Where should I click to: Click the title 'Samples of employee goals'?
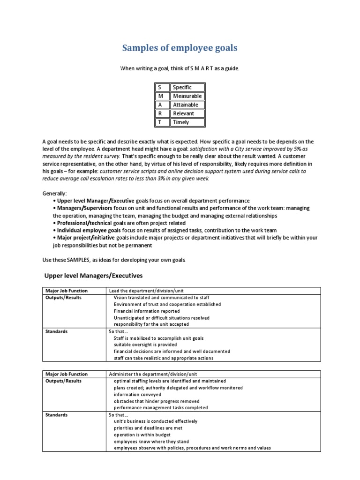pyautogui.click(x=180, y=48)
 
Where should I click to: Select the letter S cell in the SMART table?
pyautogui.click(x=159, y=87)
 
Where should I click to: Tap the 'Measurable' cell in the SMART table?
pyautogui.click(x=187, y=96)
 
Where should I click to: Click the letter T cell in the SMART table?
pyautogui.click(x=159, y=122)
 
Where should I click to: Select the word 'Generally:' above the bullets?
pyautogui.click(x=55, y=193)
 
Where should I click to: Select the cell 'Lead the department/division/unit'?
pyautogui.click(x=145, y=291)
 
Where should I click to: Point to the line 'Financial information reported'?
pyautogui.click(x=147, y=311)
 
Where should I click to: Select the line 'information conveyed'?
pyautogui.click(x=137, y=395)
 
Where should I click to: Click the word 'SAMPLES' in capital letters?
pyautogui.click(x=69, y=259)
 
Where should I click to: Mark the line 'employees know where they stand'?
pyautogui.click(x=150, y=441)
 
